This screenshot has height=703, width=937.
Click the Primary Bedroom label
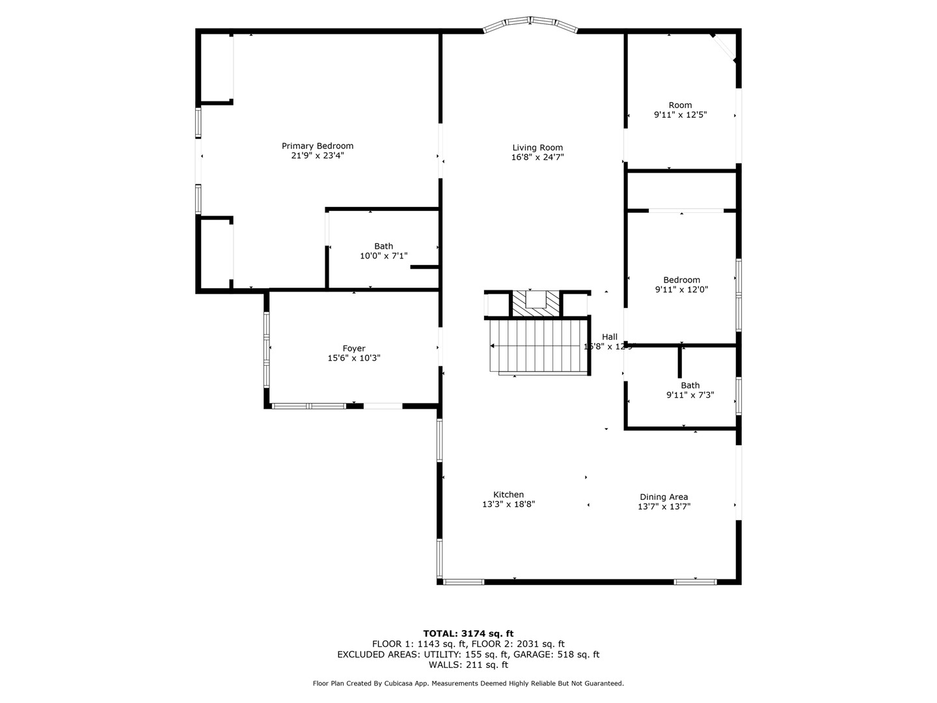317,146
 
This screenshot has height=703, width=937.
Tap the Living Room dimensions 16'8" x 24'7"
537,157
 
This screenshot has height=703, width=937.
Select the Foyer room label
354,348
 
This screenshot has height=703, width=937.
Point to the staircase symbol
537,346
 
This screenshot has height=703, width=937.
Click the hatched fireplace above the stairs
536,303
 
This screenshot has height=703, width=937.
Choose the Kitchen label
508,495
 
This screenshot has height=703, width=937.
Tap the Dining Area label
664,497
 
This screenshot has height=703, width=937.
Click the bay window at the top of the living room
530,23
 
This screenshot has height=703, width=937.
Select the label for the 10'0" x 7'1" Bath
383,246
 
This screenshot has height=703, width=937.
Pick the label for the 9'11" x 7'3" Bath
690,385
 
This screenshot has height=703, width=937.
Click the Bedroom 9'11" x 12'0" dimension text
681,290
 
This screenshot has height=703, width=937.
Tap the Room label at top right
680,105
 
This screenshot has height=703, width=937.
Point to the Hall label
610,337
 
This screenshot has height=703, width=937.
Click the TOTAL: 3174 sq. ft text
468,633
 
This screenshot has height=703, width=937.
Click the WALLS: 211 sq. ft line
468,665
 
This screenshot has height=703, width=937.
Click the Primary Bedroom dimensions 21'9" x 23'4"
317,156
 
